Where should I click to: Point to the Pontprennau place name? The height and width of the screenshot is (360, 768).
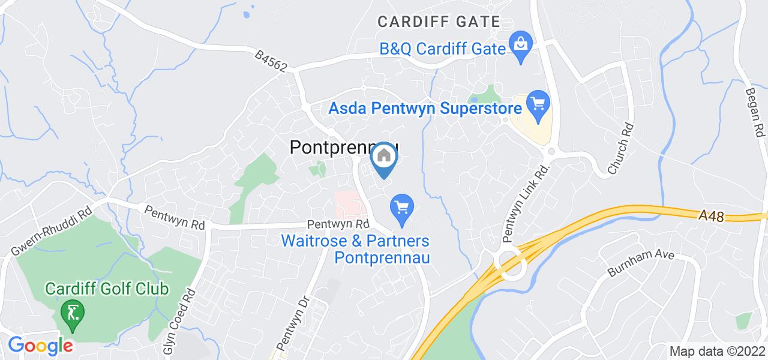pos(344,147)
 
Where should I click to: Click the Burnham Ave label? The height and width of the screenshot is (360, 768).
pos(641,263)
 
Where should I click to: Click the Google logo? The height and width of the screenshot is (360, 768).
pos(40,346)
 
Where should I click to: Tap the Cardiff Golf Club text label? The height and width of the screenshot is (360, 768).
pos(107,289)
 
